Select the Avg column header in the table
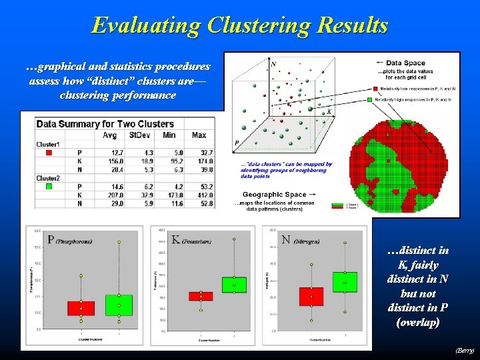coord(109,135)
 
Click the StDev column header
coord(141,135)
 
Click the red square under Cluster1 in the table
coord(48,153)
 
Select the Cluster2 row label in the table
coord(48,179)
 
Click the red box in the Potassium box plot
coord(201,296)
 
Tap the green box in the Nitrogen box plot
coord(345,282)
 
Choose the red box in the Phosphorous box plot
coord(81,308)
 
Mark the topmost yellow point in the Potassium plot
coord(234,239)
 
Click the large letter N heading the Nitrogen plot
coord(286,239)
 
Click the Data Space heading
coord(405,63)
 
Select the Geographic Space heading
coord(275,195)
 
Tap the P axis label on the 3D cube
coord(237,143)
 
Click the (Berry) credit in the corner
coord(464,350)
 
